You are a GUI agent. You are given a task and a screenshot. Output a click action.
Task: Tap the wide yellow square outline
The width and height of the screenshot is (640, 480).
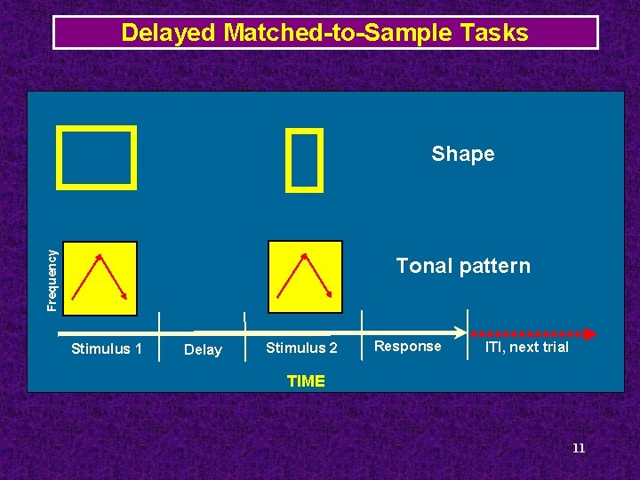[x=97, y=157]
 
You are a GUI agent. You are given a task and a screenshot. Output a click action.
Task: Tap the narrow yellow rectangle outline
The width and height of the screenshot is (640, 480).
[x=304, y=160]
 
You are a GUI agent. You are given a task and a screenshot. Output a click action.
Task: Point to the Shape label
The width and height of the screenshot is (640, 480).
[x=462, y=154]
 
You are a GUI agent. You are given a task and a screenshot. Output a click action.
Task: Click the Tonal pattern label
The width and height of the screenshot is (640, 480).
[x=462, y=266]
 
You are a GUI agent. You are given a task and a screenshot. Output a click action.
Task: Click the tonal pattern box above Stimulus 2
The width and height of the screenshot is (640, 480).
[x=306, y=276]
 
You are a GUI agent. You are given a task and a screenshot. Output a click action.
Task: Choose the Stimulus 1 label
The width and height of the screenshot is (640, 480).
[x=106, y=348]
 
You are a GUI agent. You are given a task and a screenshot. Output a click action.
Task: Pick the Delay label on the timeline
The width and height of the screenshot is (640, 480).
[x=202, y=350]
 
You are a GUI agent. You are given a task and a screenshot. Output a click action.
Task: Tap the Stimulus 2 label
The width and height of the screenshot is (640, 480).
[x=301, y=348]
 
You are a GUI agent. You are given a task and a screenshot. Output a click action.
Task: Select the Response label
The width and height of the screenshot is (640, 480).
[x=407, y=347]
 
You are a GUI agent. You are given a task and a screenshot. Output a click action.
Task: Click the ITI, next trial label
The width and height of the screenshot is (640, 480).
[x=526, y=348]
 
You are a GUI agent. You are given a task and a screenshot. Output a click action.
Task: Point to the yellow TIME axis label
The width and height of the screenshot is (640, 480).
[x=306, y=381]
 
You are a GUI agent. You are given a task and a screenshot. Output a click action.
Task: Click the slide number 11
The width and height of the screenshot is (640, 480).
[x=578, y=448]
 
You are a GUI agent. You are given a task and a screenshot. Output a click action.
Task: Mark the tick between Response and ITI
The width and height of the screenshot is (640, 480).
[x=468, y=325]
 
